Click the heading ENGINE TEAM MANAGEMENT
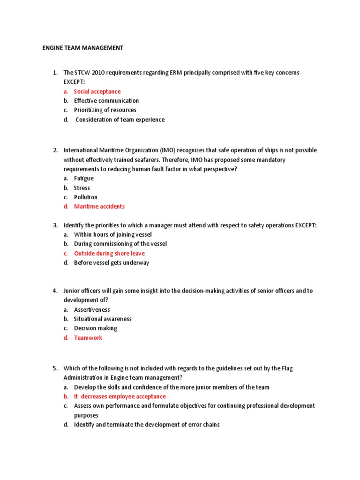pos(82,47)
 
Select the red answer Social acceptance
pos(97,91)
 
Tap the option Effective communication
pos(106,101)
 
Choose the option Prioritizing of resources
pos(105,110)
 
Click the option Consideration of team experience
pos(120,120)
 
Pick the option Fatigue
pos(84,179)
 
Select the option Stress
pos(82,188)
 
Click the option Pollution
pos(86,197)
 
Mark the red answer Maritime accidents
pos(99,206)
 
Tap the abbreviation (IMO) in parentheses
pos(167,150)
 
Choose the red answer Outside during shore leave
pos(109,254)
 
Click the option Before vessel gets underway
pos(112,263)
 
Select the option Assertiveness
pos(92,310)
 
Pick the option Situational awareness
pos(103,319)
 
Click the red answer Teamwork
pos(88,338)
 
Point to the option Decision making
pos(96,329)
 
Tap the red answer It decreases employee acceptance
pos(120,397)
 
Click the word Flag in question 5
pos(286,368)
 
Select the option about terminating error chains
pos(147,425)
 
